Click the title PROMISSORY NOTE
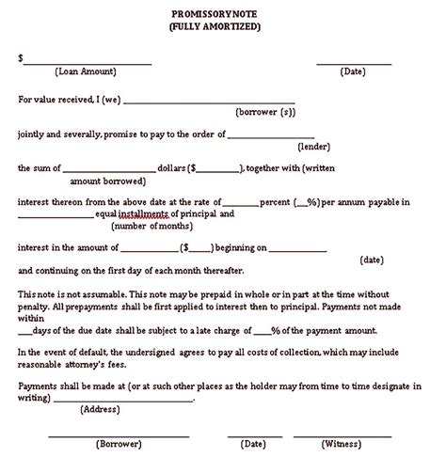click(x=223, y=13)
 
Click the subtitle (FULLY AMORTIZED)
click(x=223, y=26)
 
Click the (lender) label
click(x=313, y=147)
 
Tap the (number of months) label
click(x=152, y=227)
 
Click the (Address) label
click(x=99, y=409)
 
